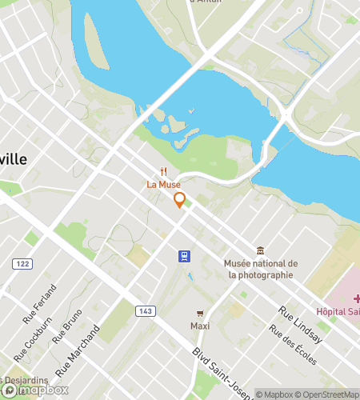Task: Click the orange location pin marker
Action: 180,200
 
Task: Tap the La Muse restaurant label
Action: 163,184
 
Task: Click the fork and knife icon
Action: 163,171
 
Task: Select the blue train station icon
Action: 184,256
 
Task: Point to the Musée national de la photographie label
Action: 261,270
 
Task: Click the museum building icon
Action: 260,250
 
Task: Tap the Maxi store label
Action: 200,326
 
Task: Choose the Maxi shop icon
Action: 200,313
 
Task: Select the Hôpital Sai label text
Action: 337,310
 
